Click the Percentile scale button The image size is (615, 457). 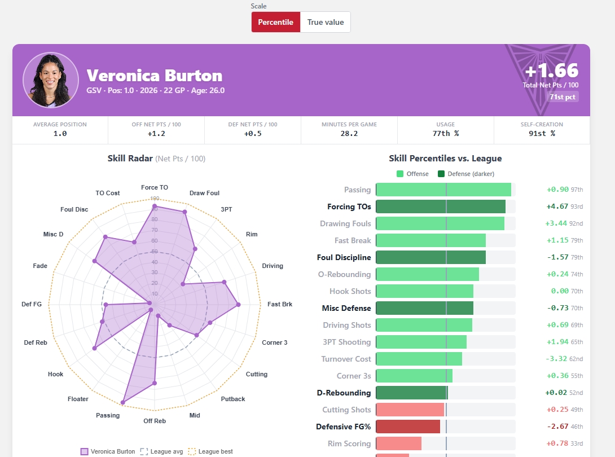click(276, 22)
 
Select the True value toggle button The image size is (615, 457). click(326, 22)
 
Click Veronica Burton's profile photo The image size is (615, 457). click(51, 80)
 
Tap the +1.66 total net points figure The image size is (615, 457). click(552, 71)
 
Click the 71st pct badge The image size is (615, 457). click(563, 97)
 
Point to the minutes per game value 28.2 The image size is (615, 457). click(349, 133)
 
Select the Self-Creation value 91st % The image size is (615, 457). click(542, 133)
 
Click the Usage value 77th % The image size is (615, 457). click(446, 133)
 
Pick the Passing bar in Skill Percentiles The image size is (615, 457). click(443, 190)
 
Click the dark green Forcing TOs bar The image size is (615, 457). click(441, 206)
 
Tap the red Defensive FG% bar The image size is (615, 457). click(408, 427)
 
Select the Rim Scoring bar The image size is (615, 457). click(399, 443)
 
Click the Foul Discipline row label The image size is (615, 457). click(344, 257)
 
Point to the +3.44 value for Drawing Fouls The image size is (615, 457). click(556, 223)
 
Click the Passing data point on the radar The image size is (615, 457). click(123, 402)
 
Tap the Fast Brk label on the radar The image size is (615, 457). click(280, 304)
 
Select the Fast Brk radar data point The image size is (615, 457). click(238, 305)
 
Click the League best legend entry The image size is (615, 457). click(210, 451)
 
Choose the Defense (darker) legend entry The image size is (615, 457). click(466, 174)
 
